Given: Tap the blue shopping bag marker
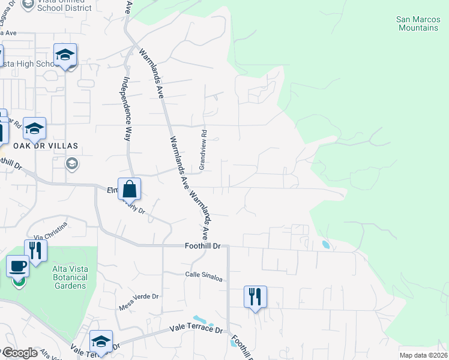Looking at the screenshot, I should click(129, 190).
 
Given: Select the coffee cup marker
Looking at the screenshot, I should click(18, 266).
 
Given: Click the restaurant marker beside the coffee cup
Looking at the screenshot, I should click(36, 251).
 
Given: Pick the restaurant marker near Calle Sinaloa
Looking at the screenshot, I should click(255, 296).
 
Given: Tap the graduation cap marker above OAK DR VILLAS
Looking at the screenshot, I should click(35, 128).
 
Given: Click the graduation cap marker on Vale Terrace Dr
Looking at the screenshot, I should click(101, 342).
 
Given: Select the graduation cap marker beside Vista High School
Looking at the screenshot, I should click(65, 55).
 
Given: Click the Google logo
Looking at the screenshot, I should click(19, 353).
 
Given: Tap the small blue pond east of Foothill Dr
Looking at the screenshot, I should click(326, 245).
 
